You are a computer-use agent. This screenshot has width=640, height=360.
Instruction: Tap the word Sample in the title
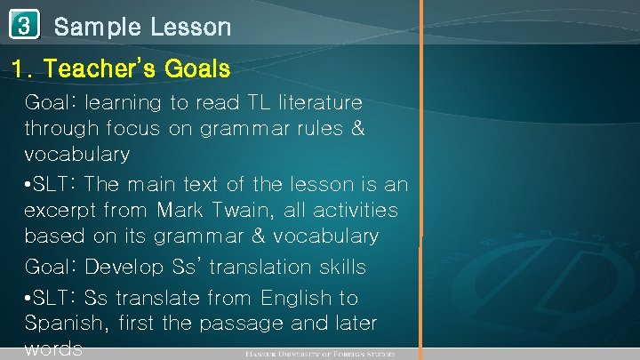coord(97,27)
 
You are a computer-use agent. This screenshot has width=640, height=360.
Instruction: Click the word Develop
coord(131,267)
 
